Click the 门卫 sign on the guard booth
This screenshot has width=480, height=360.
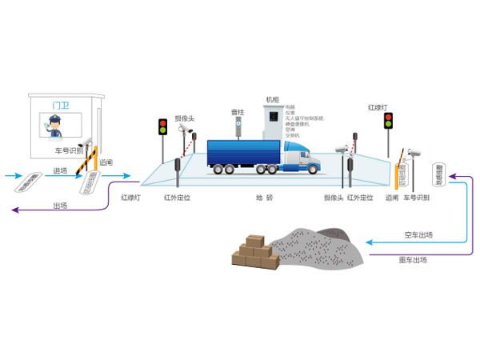tap(58, 105)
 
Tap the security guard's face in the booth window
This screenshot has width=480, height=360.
tap(54, 125)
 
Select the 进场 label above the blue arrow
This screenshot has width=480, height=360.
tap(61, 170)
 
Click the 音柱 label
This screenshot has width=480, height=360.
tap(237, 113)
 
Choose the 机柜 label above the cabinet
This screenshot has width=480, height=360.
tap(272, 100)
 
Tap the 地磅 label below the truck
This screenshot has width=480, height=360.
tap(264, 197)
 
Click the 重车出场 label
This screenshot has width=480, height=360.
tap(413, 260)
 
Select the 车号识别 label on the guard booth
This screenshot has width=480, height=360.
tap(68, 150)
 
